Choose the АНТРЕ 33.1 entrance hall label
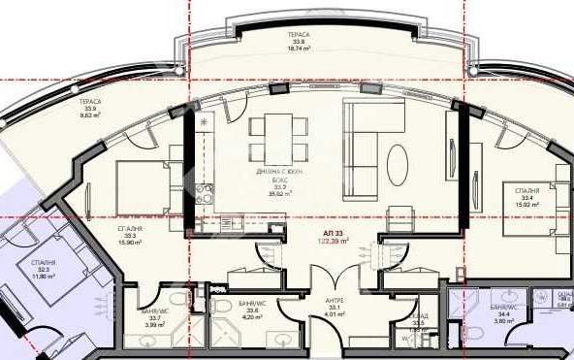coord(335,303)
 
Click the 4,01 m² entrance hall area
coord(335,314)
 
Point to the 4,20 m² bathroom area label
coord(251,316)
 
